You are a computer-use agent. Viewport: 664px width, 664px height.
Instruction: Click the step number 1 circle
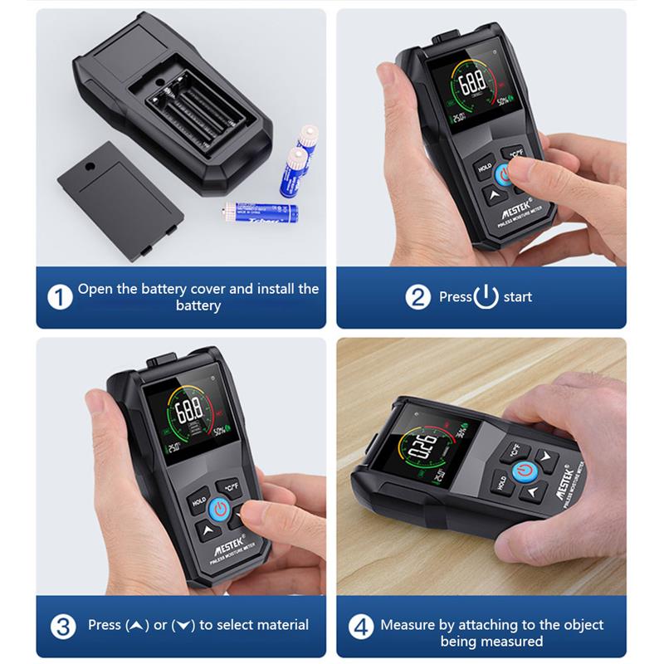(x=59, y=297)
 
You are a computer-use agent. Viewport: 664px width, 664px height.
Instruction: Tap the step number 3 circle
(x=59, y=625)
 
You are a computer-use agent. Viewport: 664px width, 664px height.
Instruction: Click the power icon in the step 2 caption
(x=486, y=297)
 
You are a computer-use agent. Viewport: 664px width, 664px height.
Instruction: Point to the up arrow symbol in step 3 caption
(x=134, y=625)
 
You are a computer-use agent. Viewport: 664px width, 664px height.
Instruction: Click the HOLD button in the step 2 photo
(x=485, y=167)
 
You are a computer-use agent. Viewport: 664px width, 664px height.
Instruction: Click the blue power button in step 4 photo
(x=522, y=471)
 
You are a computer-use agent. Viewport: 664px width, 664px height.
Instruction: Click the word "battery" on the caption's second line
(x=198, y=305)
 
